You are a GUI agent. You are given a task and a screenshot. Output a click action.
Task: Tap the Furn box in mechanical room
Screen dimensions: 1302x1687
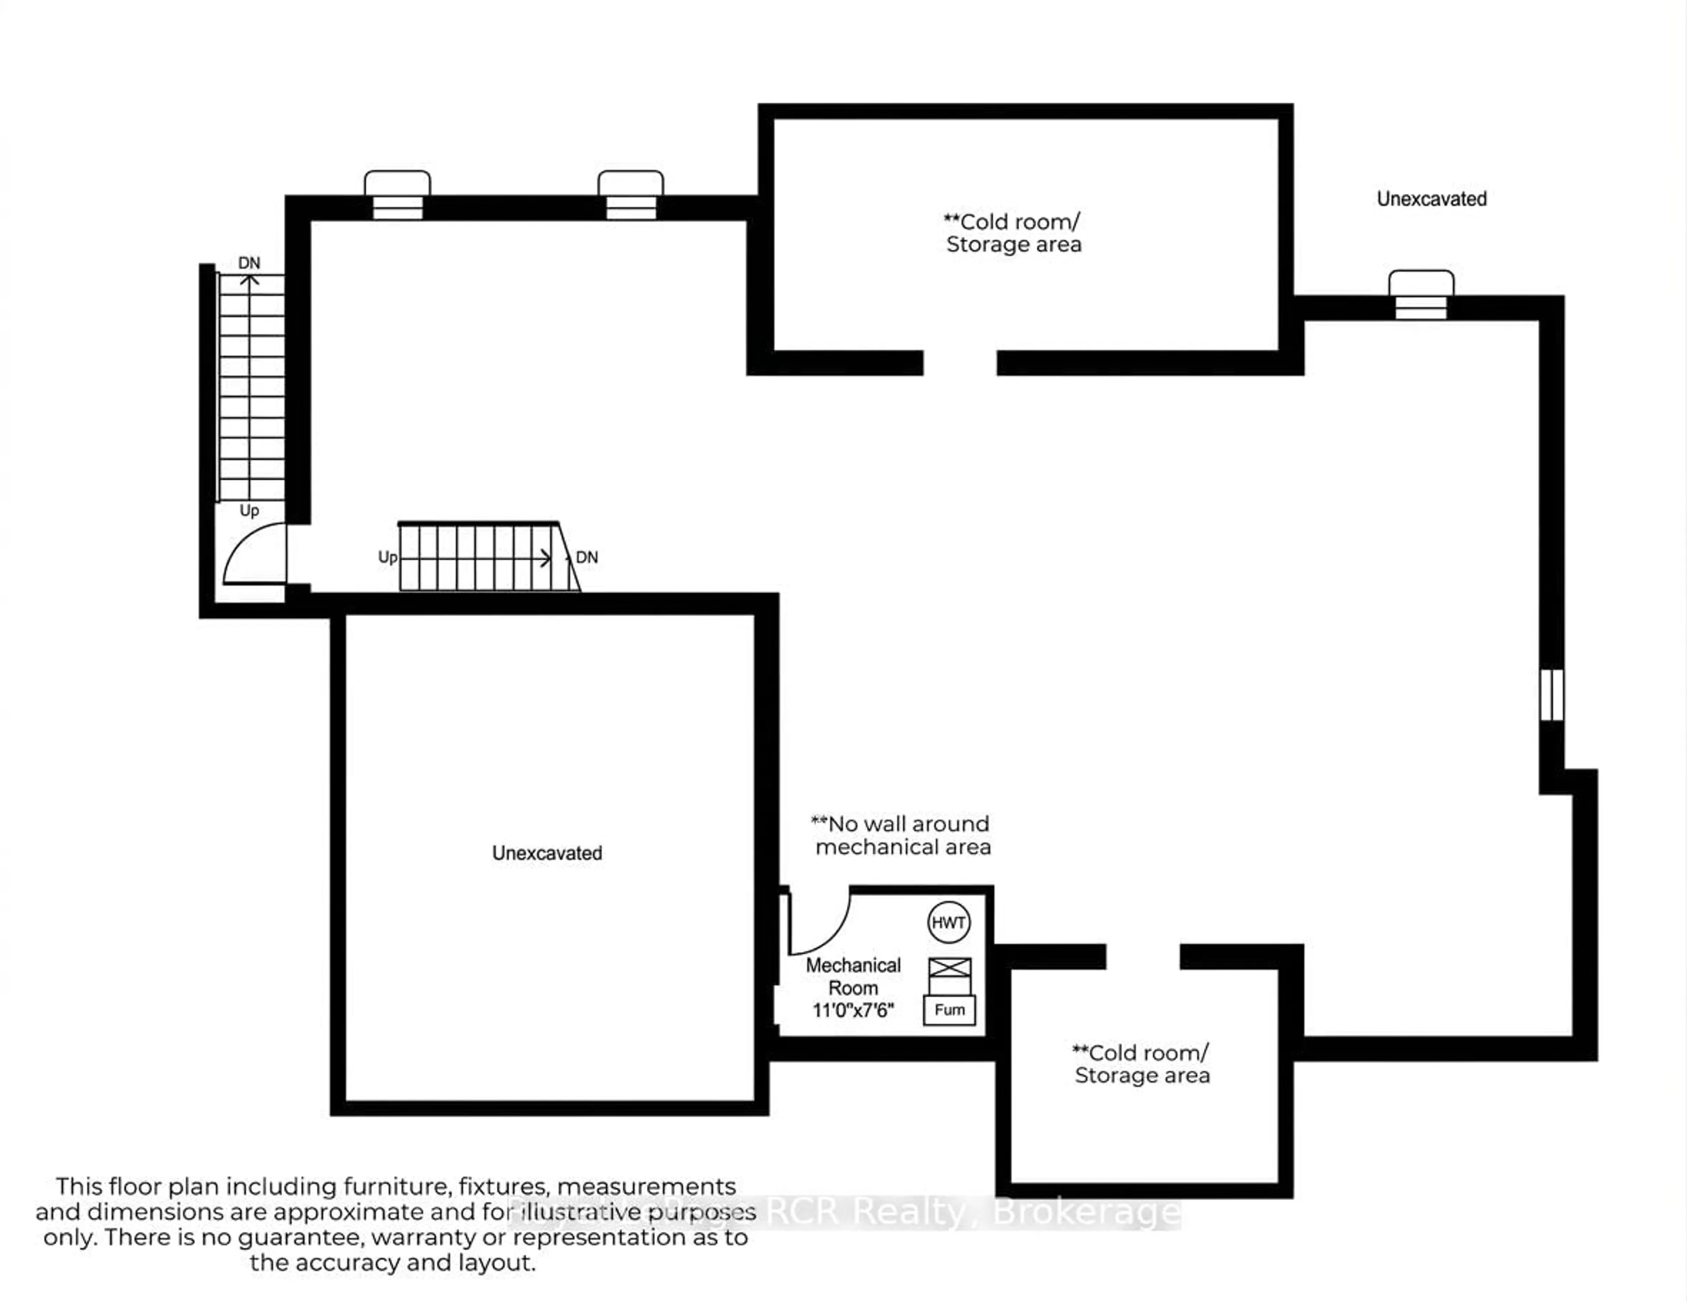click(x=949, y=1009)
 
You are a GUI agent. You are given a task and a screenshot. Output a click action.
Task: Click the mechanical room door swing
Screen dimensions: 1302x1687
click(x=819, y=923)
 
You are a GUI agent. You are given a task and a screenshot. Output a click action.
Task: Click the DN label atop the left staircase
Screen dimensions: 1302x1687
click(x=249, y=263)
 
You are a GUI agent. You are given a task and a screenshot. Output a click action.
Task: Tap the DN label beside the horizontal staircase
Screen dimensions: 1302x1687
click(x=587, y=557)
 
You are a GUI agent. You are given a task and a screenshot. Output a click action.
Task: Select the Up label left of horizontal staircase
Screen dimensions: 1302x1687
click(x=387, y=557)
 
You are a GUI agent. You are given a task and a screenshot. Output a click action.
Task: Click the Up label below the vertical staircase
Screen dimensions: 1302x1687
click(x=249, y=510)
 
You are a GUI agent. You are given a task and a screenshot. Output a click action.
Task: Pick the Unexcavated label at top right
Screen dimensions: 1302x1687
click(x=1431, y=199)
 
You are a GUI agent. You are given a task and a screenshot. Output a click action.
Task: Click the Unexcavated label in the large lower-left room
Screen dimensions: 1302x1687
click(x=547, y=852)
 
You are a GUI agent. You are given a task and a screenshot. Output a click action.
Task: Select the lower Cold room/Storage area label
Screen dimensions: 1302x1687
click(x=1142, y=1064)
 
